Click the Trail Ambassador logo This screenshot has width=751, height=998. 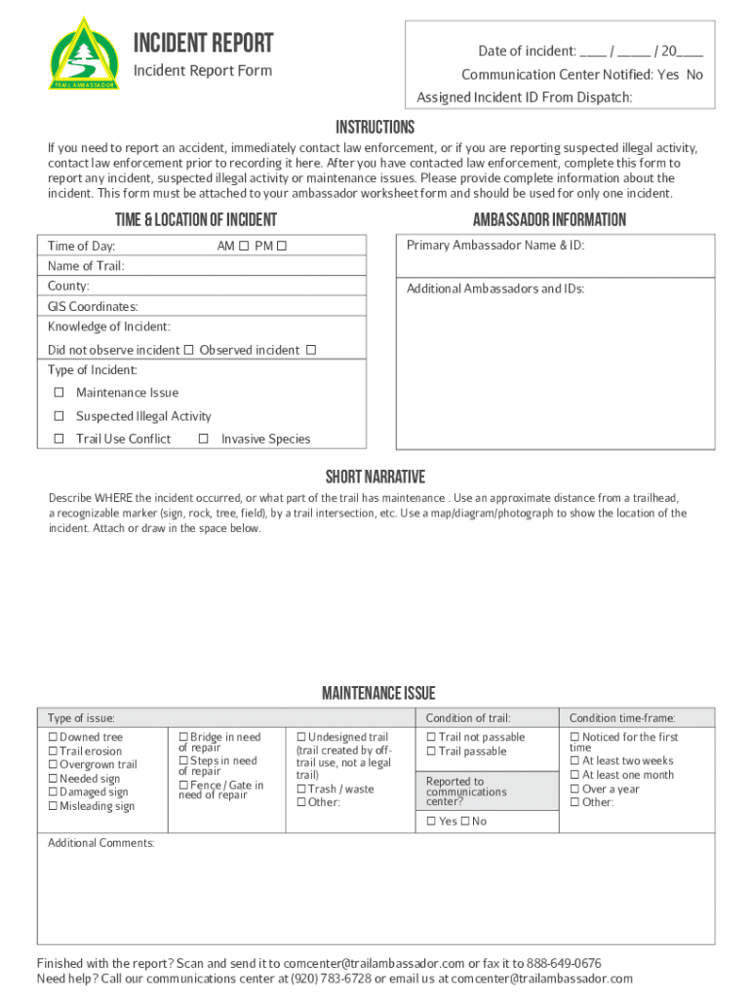(x=86, y=54)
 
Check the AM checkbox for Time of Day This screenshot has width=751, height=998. (x=244, y=247)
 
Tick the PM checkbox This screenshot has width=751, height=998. (x=282, y=247)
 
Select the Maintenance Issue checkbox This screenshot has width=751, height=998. (x=59, y=393)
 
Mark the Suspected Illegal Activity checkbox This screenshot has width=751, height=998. (x=59, y=416)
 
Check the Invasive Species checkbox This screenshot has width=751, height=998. (x=204, y=439)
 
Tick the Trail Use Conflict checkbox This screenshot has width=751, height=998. (x=59, y=439)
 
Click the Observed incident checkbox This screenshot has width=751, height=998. (x=311, y=350)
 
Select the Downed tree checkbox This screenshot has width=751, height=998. (x=54, y=738)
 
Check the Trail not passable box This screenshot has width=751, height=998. (x=431, y=738)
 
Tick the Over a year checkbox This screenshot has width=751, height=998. (x=574, y=789)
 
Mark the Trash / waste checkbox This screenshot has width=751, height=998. (x=301, y=789)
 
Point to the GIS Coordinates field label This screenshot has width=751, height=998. (x=93, y=306)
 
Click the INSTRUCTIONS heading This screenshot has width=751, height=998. (x=375, y=128)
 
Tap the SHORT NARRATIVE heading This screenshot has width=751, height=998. (x=375, y=477)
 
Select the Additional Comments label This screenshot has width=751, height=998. (x=100, y=843)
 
